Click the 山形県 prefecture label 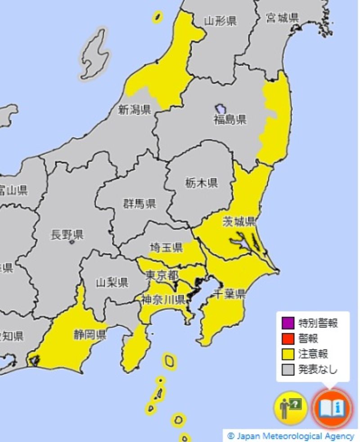(x=220, y=21)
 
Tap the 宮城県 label (x=283, y=18)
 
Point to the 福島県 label (x=230, y=120)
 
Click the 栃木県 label (x=202, y=183)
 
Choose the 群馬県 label (x=140, y=204)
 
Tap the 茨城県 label (x=239, y=221)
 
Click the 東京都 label (x=162, y=275)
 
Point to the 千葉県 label (x=229, y=295)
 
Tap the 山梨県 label (x=112, y=282)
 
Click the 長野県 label (x=67, y=235)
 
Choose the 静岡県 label (x=90, y=335)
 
